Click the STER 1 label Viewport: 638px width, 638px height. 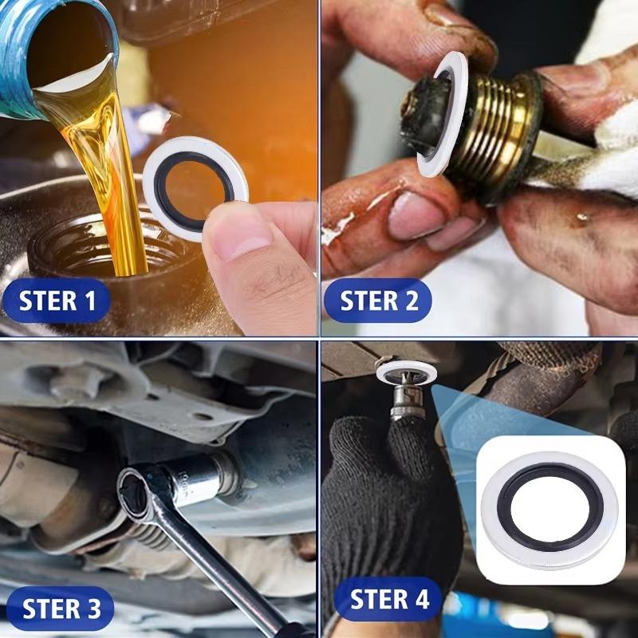pyautogui.click(x=57, y=301)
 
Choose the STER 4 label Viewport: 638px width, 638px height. pyautogui.click(x=389, y=598)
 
